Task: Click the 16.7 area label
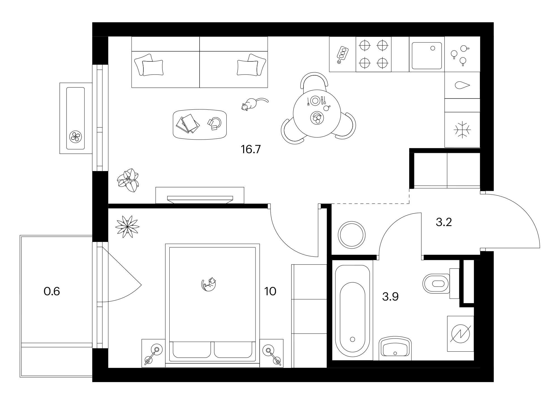tap(250, 150)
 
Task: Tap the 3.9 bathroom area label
tap(390, 297)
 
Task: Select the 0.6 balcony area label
tap(52, 291)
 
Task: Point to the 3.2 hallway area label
tap(444, 222)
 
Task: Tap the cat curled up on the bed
tap(209, 284)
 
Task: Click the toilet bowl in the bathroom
tap(436, 284)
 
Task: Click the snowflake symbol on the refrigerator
tap(462, 129)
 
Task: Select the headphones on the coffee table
tap(215, 123)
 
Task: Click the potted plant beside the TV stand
tap(128, 180)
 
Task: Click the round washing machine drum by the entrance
tap(352, 235)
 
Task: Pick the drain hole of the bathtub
tap(352, 339)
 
